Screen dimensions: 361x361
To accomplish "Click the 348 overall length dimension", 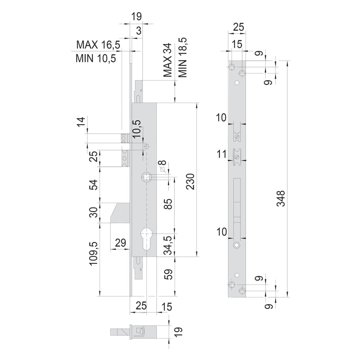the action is pos(281,198).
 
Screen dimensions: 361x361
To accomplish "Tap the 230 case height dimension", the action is pos(191,182).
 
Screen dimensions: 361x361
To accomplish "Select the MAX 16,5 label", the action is pos(98,45).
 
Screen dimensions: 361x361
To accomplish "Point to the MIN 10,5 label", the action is pos(96,58).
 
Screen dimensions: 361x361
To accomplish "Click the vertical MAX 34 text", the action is pos(168,60).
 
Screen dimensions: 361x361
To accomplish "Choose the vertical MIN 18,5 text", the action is pos(182,57).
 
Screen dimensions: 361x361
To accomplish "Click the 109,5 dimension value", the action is pos(94,253).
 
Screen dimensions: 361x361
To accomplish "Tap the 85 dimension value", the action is pos(169,204).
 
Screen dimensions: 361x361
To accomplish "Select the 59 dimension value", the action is pos(169,274).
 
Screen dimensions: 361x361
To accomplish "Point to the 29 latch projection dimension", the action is pos(121,243).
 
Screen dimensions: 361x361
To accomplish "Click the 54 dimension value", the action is pos(94,184).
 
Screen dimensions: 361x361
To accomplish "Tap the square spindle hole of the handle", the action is pos(146,177).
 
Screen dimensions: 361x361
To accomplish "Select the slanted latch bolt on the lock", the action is pos(120,213).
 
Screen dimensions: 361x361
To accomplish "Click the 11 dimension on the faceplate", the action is pos(222,154).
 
